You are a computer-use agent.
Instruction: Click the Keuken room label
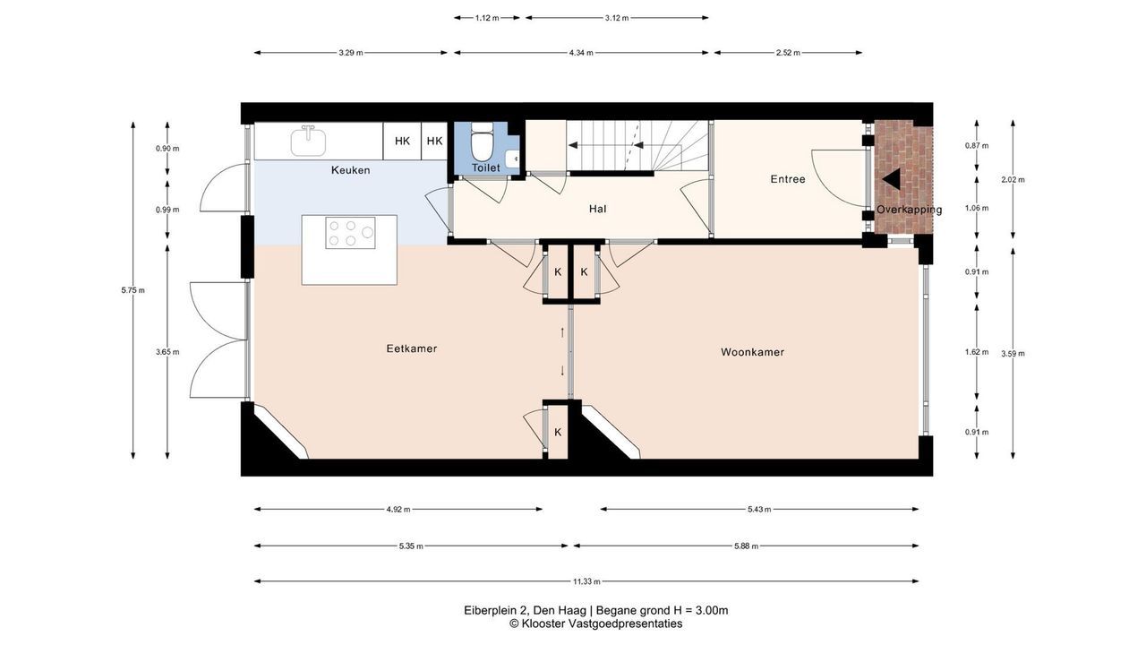pyautogui.click(x=350, y=170)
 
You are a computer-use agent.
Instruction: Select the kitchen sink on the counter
pyautogui.click(x=308, y=142)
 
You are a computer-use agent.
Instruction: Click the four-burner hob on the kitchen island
pyautogui.click(x=350, y=233)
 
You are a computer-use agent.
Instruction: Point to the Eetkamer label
pyautogui.click(x=412, y=348)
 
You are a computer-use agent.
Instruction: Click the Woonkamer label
pyautogui.click(x=753, y=352)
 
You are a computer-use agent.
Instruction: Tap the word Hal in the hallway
pyautogui.click(x=597, y=209)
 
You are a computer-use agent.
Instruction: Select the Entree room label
pyautogui.click(x=788, y=179)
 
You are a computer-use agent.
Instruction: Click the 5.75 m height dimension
pyautogui.click(x=133, y=290)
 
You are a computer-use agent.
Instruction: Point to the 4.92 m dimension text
pyautogui.click(x=398, y=510)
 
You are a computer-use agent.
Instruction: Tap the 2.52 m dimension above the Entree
pyautogui.click(x=789, y=53)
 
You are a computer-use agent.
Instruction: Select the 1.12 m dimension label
pyautogui.click(x=486, y=18)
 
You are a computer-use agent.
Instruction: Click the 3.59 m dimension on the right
pyautogui.click(x=1013, y=353)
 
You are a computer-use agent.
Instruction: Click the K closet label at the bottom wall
pyautogui.click(x=558, y=432)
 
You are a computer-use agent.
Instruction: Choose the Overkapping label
pyautogui.click(x=909, y=210)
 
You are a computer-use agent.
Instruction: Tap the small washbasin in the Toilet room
pyautogui.click(x=512, y=159)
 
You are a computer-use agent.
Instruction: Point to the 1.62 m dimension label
pyautogui.click(x=977, y=352)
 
